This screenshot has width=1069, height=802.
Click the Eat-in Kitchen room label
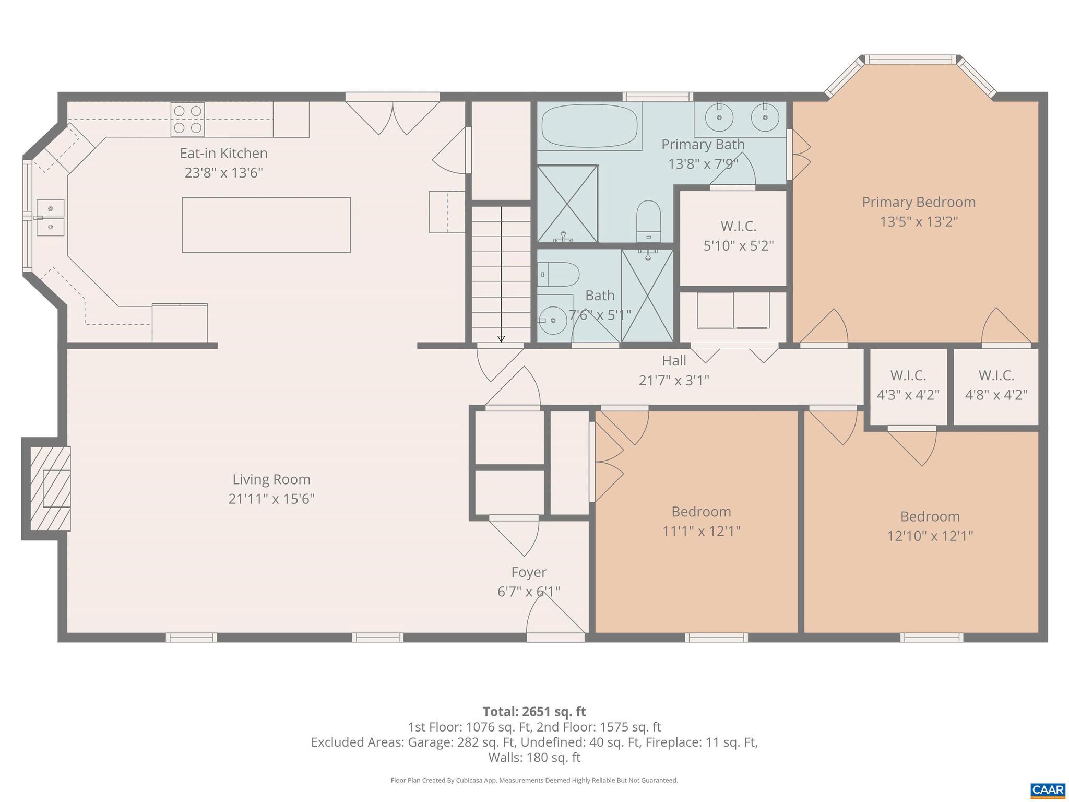click(x=223, y=153)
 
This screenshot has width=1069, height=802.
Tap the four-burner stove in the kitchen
click(x=188, y=119)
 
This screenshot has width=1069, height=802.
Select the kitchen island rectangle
click(x=266, y=225)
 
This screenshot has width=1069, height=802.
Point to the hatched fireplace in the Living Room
click(x=50, y=488)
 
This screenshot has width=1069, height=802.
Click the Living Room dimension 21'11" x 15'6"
click(x=271, y=499)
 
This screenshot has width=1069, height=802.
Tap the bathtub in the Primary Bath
click(x=590, y=126)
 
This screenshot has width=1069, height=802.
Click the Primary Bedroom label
click(x=919, y=202)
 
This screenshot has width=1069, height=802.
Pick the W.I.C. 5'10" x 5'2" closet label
click(x=738, y=235)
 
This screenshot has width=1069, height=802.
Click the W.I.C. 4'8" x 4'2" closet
click(x=996, y=385)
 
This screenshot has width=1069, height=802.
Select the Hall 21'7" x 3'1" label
click(x=674, y=370)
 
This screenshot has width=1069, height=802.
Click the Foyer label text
click(x=529, y=572)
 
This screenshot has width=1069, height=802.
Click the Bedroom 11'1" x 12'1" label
click(x=701, y=521)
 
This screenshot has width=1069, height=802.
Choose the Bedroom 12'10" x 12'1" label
click(x=930, y=526)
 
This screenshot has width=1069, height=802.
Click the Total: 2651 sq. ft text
click(x=534, y=712)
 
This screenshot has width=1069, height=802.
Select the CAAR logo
click(x=1048, y=790)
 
